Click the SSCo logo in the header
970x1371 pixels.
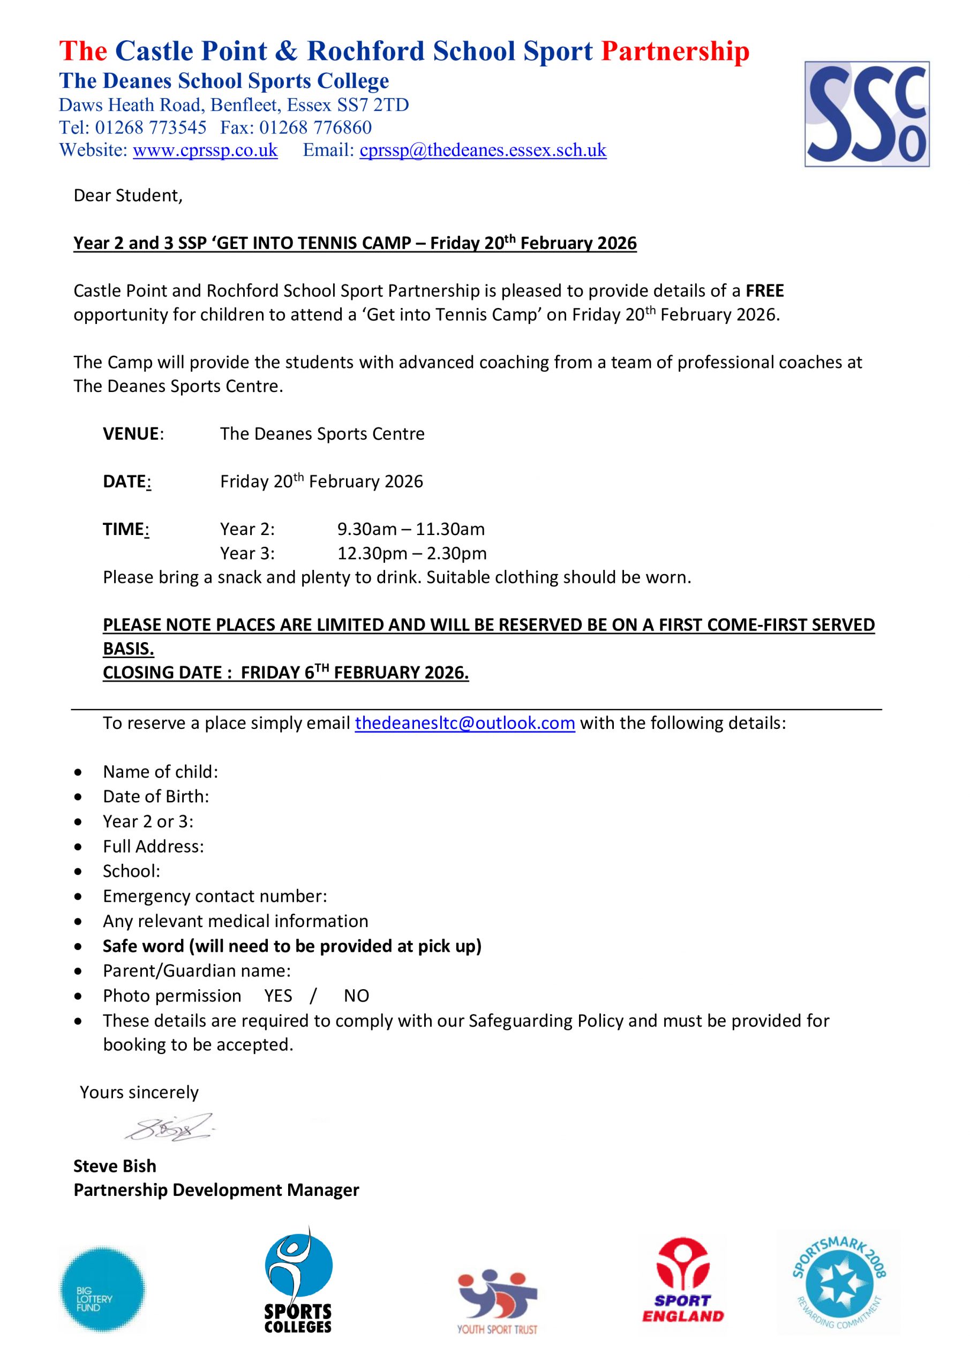pyautogui.click(x=866, y=114)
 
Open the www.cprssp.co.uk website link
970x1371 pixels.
pyautogui.click(x=205, y=150)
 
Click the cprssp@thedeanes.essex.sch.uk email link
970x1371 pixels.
pyautogui.click(x=483, y=150)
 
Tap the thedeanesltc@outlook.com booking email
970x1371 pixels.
pyautogui.click(x=465, y=723)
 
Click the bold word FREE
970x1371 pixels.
pyautogui.click(x=764, y=291)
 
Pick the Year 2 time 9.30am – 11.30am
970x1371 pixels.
pyautogui.click(x=411, y=529)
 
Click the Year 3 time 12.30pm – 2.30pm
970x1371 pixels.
pyautogui.click(x=412, y=554)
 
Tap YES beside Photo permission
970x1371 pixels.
pyautogui.click(x=279, y=996)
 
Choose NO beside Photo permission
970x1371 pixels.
pyautogui.click(x=357, y=996)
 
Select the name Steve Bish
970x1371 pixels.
pyautogui.click(x=115, y=1166)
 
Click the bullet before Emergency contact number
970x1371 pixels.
pyautogui.click(x=78, y=897)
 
